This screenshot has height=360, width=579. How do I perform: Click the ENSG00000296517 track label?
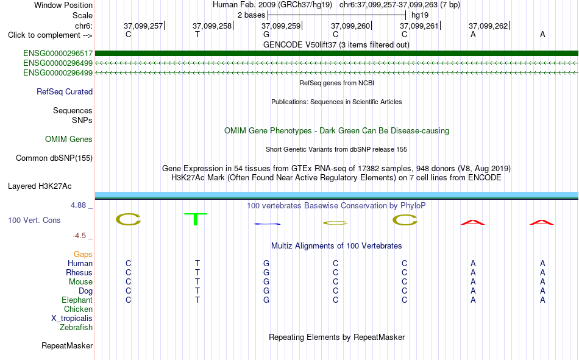click(58, 54)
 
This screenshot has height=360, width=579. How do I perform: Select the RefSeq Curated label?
click(65, 91)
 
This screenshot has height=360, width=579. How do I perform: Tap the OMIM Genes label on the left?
click(69, 139)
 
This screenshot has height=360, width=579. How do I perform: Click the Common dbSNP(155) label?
click(54, 158)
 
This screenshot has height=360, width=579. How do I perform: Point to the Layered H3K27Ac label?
click(40, 186)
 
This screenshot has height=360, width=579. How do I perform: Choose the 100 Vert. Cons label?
click(34, 221)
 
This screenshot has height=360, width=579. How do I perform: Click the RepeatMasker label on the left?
click(67, 346)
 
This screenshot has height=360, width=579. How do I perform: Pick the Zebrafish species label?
click(76, 328)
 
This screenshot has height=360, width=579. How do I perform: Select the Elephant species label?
click(77, 300)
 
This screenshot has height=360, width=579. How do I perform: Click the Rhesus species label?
click(79, 272)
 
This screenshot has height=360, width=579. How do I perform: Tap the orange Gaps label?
click(83, 255)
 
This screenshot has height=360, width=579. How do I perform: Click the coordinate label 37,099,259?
click(281, 26)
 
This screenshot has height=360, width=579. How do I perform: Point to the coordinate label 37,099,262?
click(488, 26)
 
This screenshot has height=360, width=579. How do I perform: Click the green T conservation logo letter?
click(196, 219)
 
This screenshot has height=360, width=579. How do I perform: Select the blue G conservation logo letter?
click(267, 224)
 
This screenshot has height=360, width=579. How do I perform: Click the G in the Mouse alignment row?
click(266, 281)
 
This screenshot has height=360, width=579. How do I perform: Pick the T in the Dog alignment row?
click(197, 291)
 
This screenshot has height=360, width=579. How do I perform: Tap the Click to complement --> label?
click(50, 35)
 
